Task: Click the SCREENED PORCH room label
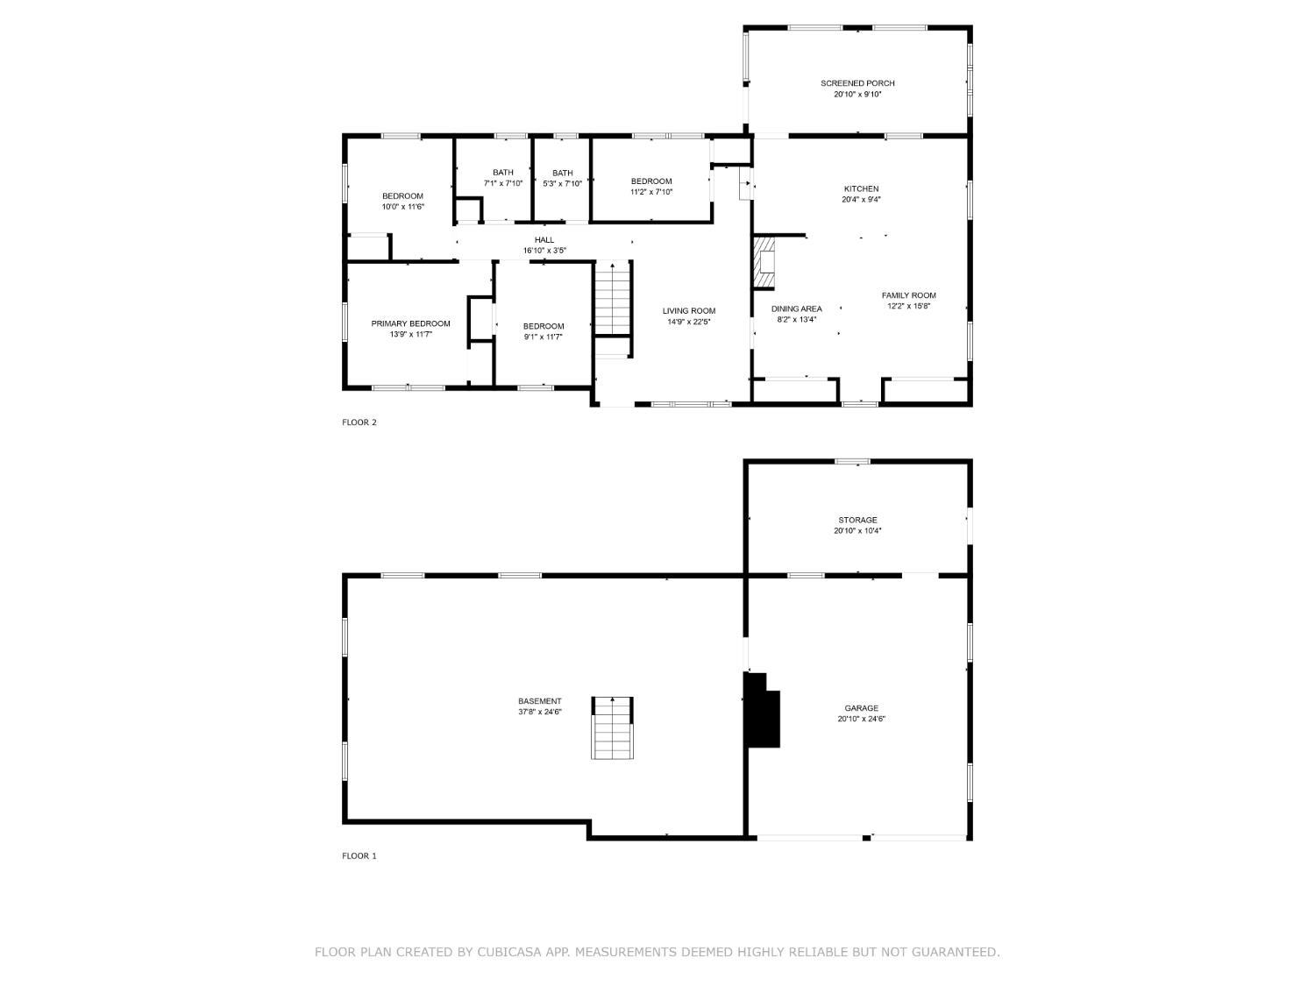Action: (857, 83)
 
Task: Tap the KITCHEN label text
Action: (861, 188)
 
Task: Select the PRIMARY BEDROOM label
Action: (410, 323)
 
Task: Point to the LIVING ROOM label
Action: (688, 310)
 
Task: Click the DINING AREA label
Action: (796, 309)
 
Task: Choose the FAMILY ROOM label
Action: (908, 295)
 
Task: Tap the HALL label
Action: (544, 240)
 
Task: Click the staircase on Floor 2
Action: (613, 298)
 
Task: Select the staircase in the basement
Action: (612, 727)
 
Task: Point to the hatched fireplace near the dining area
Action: (764, 262)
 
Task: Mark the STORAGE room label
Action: (857, 520)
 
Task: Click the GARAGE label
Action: (861, 708)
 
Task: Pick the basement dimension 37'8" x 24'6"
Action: (539, 712)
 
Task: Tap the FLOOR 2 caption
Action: (359, 422)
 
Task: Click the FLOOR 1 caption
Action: (359, 856)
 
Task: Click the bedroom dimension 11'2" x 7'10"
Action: (650, 192)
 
